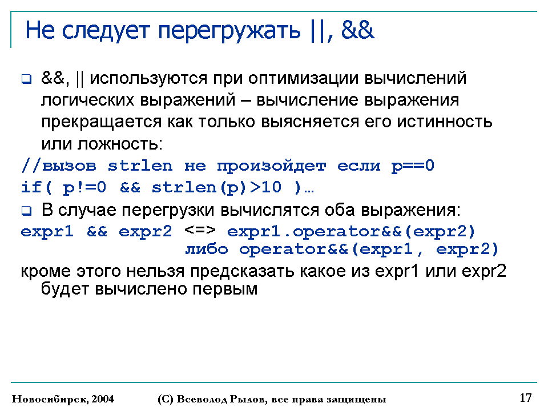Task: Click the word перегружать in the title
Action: pyautogui.click(x=229, y=31)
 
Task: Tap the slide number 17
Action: pyautogui.click(x=526, y=398)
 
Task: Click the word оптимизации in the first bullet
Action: pyautogui.click(x=303, y=78)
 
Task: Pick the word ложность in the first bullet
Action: pyautogui.click(x=120, y=144)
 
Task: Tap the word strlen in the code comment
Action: pyautogui.click(x=140, y=166)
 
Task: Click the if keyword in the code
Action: pyautogui.click(x=31, y=187)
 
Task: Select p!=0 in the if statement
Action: pyautogui.click(x=84, y=188)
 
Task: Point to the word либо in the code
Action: pyautogui.click(x=207, y=249)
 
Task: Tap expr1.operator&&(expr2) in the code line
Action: pyautogui.click(x=351, y=232)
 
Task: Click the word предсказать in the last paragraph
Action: pyautogui.click(x=242, y=271)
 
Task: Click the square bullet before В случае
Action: pyautogui.click(x=27, y=211)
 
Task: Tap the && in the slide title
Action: pyautogui.click(x=357, y=30)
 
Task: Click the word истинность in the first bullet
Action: pyautogui.click(x=445, y=122)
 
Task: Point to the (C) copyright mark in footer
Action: pyautogui.click(x=166, y=399)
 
